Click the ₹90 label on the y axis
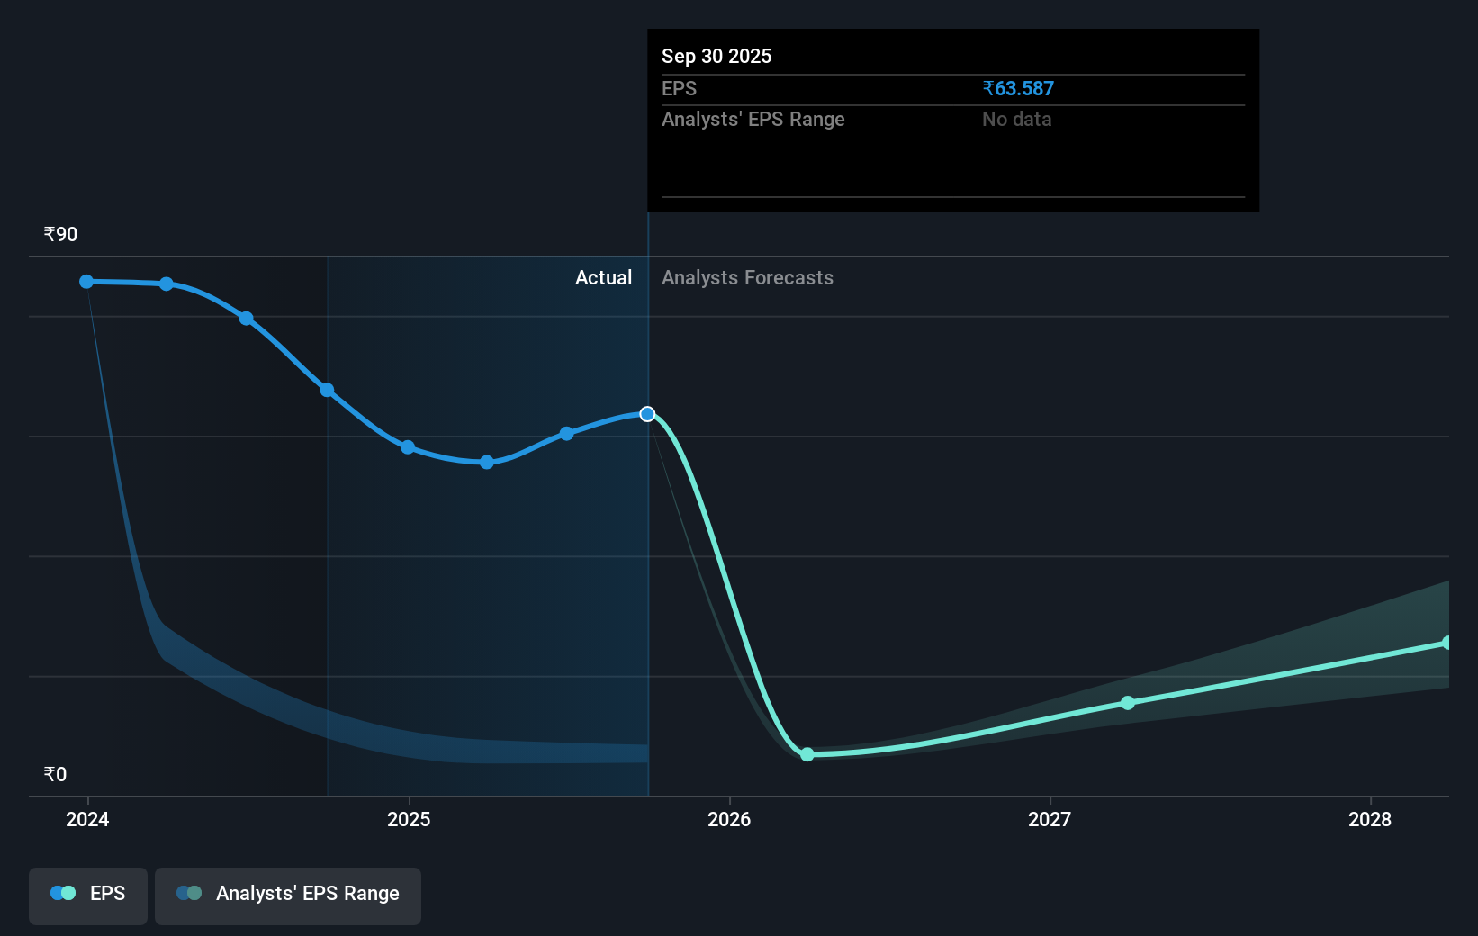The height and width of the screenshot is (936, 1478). [60, 234]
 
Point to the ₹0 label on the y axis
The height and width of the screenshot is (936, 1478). [56, 774]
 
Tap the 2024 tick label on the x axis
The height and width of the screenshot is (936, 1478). [87, 819]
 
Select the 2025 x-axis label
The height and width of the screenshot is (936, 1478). [409, 819]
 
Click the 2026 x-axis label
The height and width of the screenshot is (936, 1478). [729, 819]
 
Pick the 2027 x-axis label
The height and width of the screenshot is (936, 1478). [1050, 819]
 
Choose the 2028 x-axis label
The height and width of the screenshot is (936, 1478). [1370, 819]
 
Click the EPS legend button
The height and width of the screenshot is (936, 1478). [87, 895]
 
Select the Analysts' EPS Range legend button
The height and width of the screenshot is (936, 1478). [288, 895]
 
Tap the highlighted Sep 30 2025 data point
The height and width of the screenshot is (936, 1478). [647, 414]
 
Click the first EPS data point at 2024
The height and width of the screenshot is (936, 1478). [86, 282]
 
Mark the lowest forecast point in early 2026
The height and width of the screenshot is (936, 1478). [807, 754]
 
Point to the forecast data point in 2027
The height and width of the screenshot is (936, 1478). [1128, 703]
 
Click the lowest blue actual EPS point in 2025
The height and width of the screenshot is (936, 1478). [486, 463]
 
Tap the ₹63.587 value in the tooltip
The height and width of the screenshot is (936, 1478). [1018, 88]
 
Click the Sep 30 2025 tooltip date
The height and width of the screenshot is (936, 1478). [716, 56]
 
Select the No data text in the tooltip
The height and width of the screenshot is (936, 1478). [1017, 120]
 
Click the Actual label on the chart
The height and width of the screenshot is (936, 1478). [604, 278]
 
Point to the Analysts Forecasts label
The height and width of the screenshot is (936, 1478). [748, 278]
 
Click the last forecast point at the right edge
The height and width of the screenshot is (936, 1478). [1446, 643]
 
